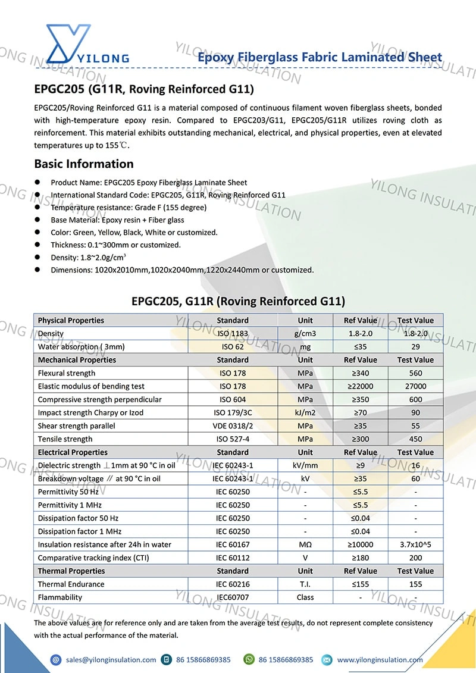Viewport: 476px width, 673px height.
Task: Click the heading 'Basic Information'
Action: (x=84, y=164)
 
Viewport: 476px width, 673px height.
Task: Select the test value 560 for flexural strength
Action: (x=415, y=373)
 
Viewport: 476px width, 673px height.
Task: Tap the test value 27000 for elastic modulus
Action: (x=415, y=386)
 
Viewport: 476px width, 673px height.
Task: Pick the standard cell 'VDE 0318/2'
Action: (x=233, y=426)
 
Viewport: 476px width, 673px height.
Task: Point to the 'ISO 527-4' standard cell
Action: (x=233, y=439)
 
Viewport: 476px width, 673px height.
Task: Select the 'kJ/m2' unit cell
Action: (x=305, y=412)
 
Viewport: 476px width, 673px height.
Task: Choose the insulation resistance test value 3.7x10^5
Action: (x=415, y=544)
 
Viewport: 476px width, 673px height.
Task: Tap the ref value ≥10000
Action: (x=361, y=544)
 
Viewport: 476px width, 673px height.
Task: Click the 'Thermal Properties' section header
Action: (x=71, y=571)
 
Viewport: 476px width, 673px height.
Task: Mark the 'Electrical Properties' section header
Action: (x=73, y=452)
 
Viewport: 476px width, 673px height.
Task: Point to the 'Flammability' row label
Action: (x=60, y=597)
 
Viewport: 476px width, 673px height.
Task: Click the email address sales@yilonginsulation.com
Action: (x=111, y=659)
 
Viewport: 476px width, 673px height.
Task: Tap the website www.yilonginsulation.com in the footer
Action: (x=380, y=659)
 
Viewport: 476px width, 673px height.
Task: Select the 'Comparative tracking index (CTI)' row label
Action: (x=93, y=558)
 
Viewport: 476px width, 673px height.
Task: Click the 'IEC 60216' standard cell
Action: (x=233, y=584)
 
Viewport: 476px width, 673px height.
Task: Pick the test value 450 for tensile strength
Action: (x=415, y=439)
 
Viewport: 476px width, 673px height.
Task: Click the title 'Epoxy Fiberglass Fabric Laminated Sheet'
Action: (x=320, y=58)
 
